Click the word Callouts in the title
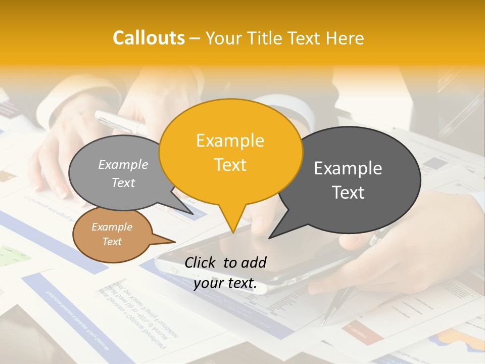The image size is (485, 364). pos(149,38)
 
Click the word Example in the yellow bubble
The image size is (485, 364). pos(230,141)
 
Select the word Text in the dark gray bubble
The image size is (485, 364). pos(348,193)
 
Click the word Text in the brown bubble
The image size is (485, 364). pos(112,242)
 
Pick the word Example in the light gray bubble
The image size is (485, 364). pos(123,165)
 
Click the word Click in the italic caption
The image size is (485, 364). pos(201,262)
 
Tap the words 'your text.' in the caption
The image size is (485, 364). pos(225,284)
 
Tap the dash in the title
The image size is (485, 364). pos(195,38)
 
